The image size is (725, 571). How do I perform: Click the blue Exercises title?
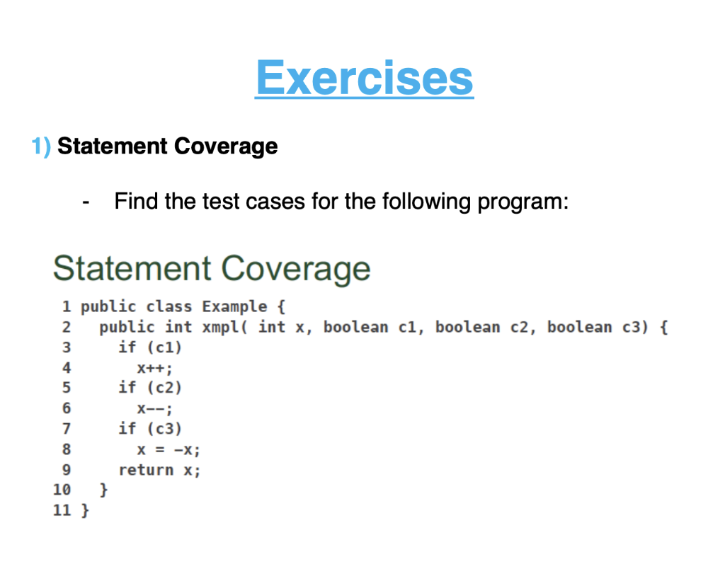pyautogui.click(x=364, y=77)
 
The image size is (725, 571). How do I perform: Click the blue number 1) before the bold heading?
pyautogui.click(x=40, y=146)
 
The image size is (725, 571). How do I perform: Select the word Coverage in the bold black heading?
pyautogui.click(x=226, y=146)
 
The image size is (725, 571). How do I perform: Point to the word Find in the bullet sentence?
pyautogui.click(x=136, y=202)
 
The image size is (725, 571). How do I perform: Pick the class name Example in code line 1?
pyautogui.click(x=234, y=307)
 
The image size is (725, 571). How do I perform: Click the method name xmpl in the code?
pyautogui.click(x=220, y=327)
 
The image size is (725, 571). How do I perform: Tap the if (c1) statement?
pyautogui.click(x=150, y=347)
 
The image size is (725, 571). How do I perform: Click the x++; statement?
pyautogui.click(x=155, y=368)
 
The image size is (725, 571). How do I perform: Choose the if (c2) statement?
pyautogui.click(x=150, y=388)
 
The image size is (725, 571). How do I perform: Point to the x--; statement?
pyautogui.click(x=155, y=408)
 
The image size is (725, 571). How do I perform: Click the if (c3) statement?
pyautogui.click(x=150, y=429)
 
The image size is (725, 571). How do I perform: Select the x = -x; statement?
pyautogui.click(x=169, y=449)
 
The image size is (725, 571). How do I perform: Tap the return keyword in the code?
pyautogui.click(x=146, y=470)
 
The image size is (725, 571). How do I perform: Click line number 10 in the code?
pyautogui.click(x=62, y=490)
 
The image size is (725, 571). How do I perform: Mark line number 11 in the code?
pyautogui.click(x=62, y=509)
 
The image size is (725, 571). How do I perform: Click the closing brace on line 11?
pyautogui.click(x=85, y=509)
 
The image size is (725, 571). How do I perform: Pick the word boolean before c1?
pyautogui.click(x=355, y=327)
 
